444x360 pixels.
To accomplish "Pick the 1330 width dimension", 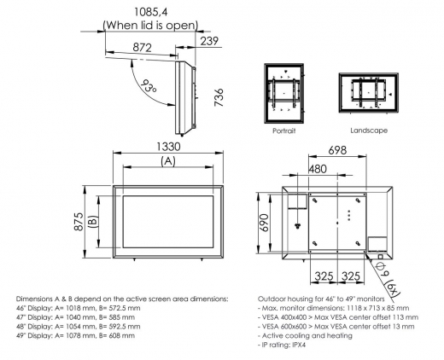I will click(168, 147).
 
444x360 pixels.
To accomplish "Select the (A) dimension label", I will click(168, 160).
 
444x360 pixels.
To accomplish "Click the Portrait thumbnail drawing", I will click(283, 96).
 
